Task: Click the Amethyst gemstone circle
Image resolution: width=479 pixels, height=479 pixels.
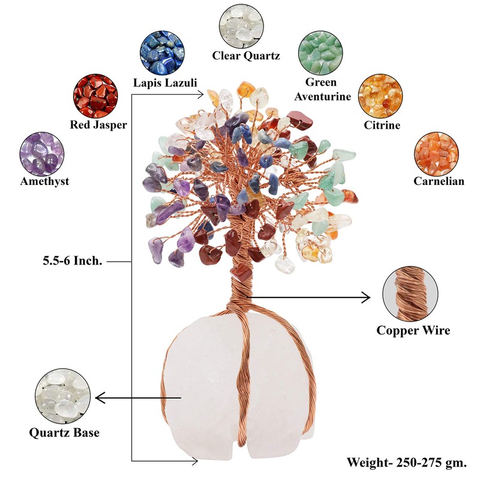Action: click(42, 152)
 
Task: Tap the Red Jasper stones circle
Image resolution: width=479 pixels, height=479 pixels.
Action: click(95, 96)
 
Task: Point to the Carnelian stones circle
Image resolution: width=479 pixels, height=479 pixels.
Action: click(436, 152)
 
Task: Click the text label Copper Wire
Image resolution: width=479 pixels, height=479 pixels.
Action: click(413, 331)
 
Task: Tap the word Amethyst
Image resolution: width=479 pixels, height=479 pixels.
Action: click(44, 181)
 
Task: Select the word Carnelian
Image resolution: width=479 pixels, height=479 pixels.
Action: click(439, 181)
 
